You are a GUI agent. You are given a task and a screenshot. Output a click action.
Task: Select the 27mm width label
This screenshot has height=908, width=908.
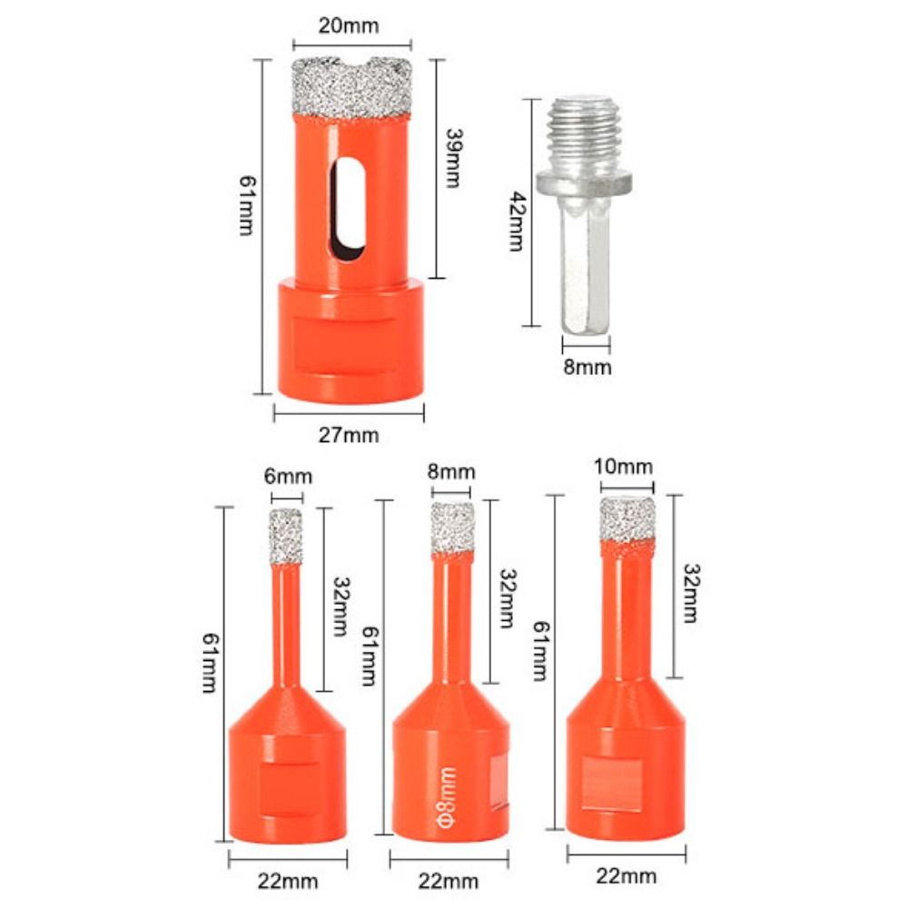point(350,435)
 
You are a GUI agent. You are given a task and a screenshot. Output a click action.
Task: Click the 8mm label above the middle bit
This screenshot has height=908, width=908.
point(452,471)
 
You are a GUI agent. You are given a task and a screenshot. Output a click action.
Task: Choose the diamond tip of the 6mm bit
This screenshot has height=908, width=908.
point(287,536)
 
